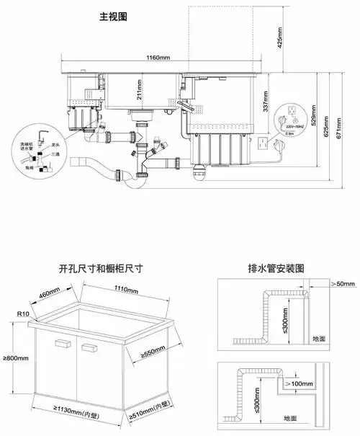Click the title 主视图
pos(113,15)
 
